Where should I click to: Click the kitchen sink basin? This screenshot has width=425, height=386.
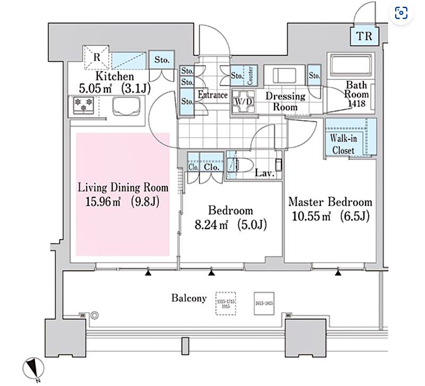coord(126,106)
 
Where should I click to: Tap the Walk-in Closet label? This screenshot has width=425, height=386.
coord(343,145)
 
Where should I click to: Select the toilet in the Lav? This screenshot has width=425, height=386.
coord(245,165)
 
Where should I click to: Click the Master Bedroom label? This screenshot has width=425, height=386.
coord(329,203)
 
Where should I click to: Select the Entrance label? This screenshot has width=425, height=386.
coord(212,96)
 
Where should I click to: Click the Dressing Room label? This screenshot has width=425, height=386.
coord(285,101)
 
